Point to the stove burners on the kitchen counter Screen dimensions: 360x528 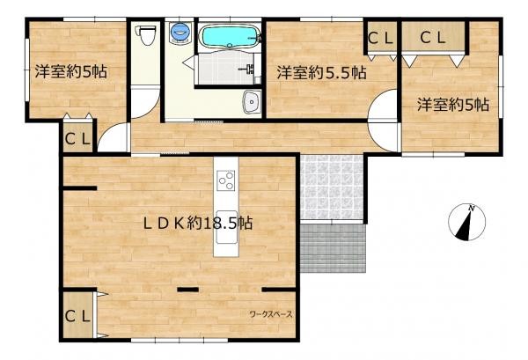pos(225,182)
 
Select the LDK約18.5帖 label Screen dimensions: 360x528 pos(198,223)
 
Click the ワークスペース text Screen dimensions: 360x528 pos(270,313)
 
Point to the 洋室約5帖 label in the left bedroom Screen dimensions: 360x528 pos(71,71)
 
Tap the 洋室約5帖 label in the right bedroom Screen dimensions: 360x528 pos(453,104)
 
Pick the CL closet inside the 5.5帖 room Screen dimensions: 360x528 pos(381,38)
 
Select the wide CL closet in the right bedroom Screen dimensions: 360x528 pos(432,38)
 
